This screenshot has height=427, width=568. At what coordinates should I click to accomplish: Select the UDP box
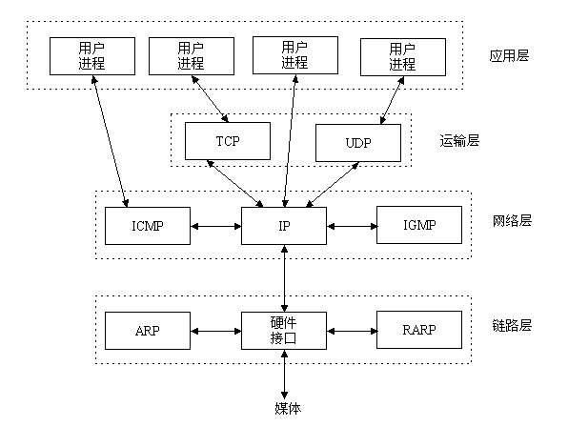click(x=359, y=142)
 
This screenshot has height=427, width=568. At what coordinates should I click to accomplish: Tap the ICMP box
click(x=149, y=226)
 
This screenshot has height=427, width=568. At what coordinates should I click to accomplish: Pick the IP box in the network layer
click(x=284, y=226)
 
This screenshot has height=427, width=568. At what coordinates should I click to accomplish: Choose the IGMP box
click(x=419, y=226)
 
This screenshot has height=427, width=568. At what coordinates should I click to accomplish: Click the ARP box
click(x=149, y=331)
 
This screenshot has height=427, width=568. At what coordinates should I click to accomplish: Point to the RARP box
click(x=419, y=331)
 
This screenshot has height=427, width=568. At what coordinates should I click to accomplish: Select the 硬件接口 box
click(x=284, y=331)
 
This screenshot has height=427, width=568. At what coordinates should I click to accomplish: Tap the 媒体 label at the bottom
click(x=284, y=408)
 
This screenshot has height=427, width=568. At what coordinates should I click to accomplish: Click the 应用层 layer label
click(x=507, y=55)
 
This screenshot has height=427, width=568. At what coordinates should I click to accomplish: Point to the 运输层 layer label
click(x=458, y=140)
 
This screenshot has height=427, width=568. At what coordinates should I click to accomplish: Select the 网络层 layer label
click(x=511, y=220)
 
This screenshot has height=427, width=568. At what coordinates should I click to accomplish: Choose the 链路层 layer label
click(x=511, y=325)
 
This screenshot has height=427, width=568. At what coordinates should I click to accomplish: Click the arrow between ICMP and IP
click(x=215, y=227)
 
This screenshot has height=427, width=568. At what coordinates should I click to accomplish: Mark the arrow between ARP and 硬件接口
click(x=215, y=332)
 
